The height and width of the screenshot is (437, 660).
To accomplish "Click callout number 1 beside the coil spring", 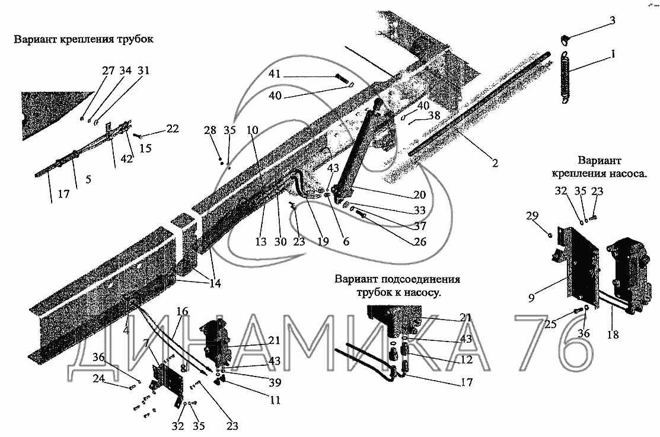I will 613,54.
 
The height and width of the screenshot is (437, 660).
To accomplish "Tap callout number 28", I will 208,130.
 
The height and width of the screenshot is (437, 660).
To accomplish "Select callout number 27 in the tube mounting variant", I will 107,71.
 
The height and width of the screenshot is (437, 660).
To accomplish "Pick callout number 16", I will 181,311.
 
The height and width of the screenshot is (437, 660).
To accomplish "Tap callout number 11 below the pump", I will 275,400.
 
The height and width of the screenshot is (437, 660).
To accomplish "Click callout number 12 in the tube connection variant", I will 465,360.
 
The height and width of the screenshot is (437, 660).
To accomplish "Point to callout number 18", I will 613,335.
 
